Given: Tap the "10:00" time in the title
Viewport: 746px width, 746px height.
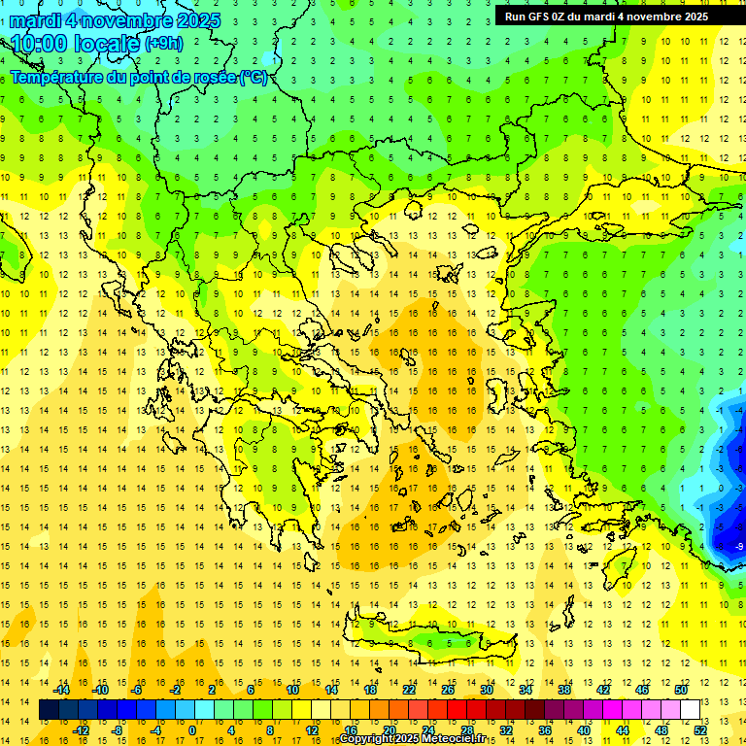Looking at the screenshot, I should click(x=41, y=44).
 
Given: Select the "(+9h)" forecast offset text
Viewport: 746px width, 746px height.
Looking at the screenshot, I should click(x=162, y=44).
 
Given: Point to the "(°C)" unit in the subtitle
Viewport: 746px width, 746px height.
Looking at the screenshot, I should click(x=254, y=77).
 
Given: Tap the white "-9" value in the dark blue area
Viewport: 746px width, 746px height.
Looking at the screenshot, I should click(x=739, y=547).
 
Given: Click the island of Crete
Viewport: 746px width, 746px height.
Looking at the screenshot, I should click(x=427, y=637).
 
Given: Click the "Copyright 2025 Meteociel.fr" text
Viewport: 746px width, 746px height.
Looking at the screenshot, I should click(x=413, y=739).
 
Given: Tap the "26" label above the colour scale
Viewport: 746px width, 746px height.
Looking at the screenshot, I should click(x=447, y=690).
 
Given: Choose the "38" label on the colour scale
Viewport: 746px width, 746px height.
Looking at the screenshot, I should click(x=563, y=690).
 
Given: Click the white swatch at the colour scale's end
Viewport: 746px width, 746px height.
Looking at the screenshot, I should click(x=690, y=710).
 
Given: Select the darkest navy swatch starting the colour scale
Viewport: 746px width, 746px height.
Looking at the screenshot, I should click(x=50, y=710).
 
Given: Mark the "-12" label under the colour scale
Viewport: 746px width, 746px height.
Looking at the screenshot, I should click(x=81, y=729).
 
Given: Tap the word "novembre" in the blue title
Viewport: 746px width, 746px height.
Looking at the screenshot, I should click(x=123, y=20).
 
